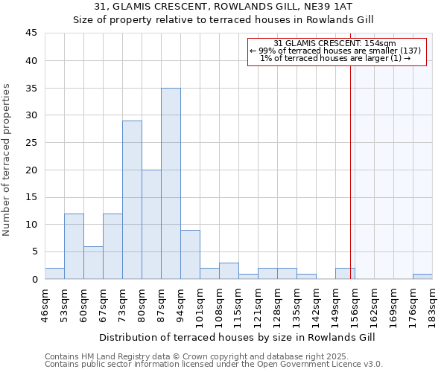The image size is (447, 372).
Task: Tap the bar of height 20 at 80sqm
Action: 151,224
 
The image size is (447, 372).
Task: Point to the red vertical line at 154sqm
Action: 350,164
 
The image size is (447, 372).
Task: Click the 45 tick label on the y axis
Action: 31,33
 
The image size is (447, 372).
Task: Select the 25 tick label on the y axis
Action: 31,143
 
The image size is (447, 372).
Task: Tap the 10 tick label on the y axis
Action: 31,225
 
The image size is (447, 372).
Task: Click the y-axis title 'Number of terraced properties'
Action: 8,160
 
